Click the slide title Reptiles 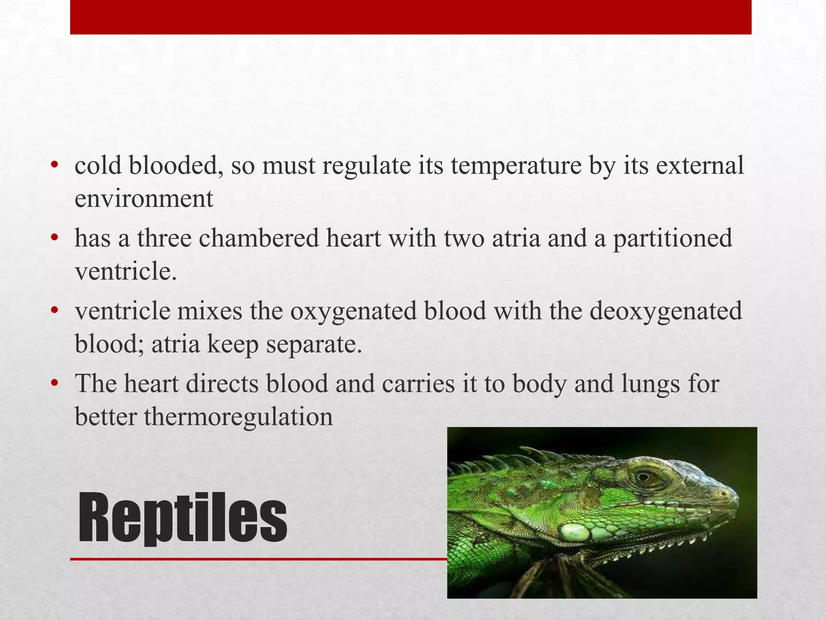(182, 518)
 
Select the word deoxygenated (665, 311)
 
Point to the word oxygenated (353, 312)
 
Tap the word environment (144, 199)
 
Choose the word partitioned (672, 238)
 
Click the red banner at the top (411, 17)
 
